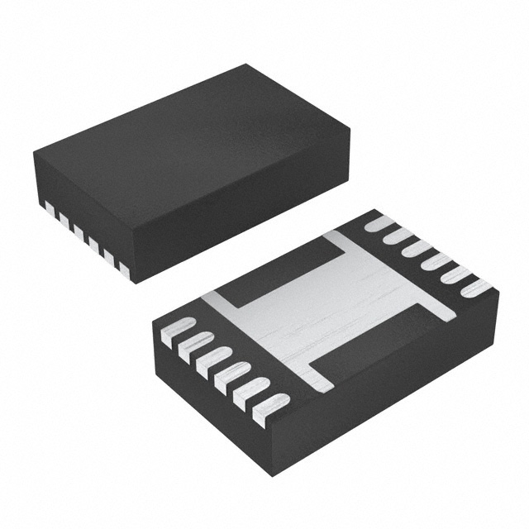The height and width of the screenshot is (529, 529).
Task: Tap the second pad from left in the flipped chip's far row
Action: coord(398,235)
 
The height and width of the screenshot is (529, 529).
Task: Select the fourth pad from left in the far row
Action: coord(436,262)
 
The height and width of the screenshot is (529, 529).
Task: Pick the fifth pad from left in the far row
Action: coord(455,275)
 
